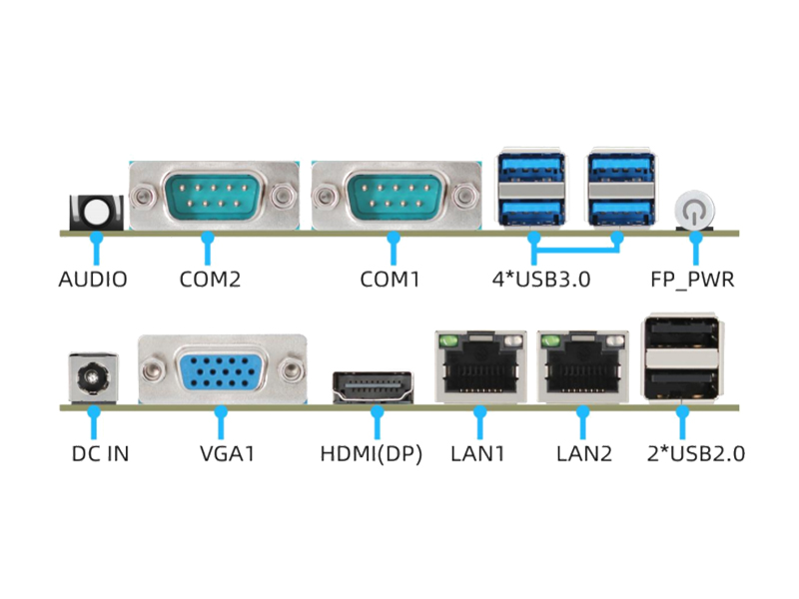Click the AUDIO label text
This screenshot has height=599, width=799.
pos(93,280)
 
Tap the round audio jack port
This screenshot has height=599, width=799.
pos(97,212)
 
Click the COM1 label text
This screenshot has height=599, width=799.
pos(390,280)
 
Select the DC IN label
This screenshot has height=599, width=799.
pos(100,453)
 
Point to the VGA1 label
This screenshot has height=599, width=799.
pos(228,453)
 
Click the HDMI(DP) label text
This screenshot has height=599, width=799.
pos(372,453)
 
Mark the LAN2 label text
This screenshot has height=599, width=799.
pos(583,453)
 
